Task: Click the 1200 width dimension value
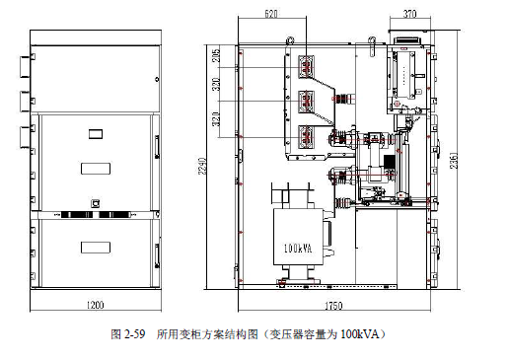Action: (x=95, y=306)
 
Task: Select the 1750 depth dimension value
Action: (x=336, y=306)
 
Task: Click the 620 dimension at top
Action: (x=272, y=15)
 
